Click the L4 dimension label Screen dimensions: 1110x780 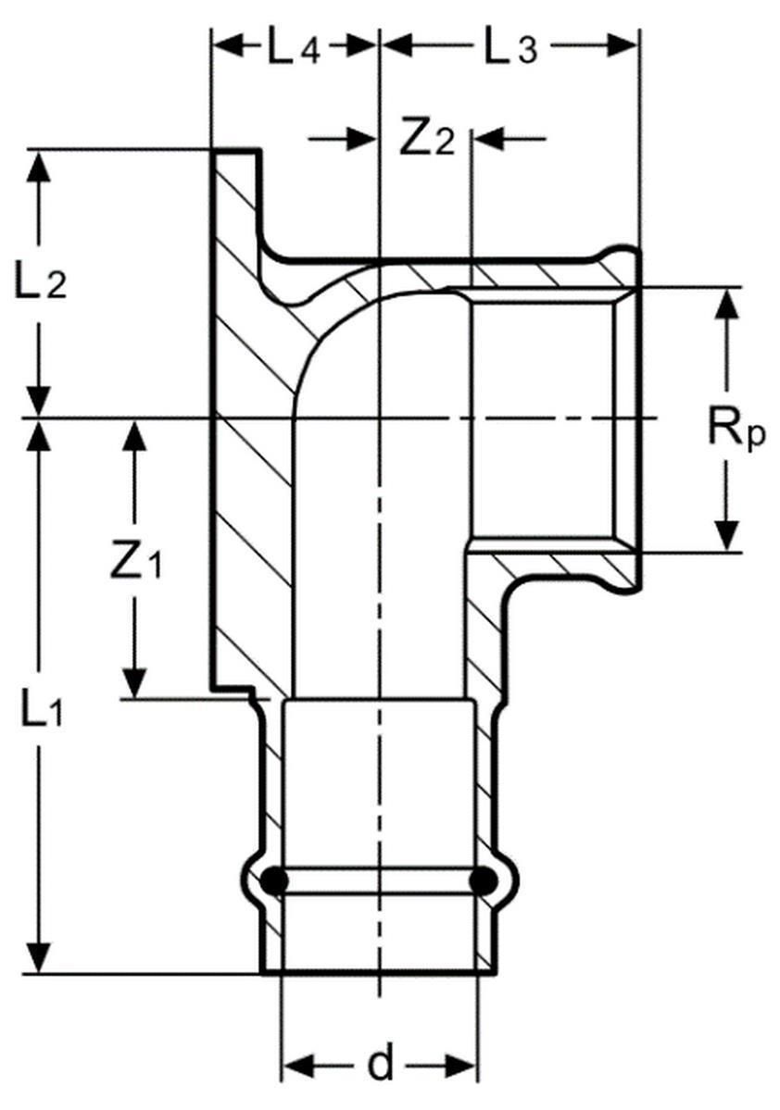[x=295, y=46]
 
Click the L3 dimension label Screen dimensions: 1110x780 [x=511, y=46]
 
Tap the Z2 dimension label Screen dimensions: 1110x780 [x=427, y=139]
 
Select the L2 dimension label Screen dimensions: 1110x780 [x=43, y=283]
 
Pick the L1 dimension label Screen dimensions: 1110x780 [x=43, y=708]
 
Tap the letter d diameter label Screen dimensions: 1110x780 [x=381, y=1066]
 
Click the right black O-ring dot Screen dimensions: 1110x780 [x=483, y=881]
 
